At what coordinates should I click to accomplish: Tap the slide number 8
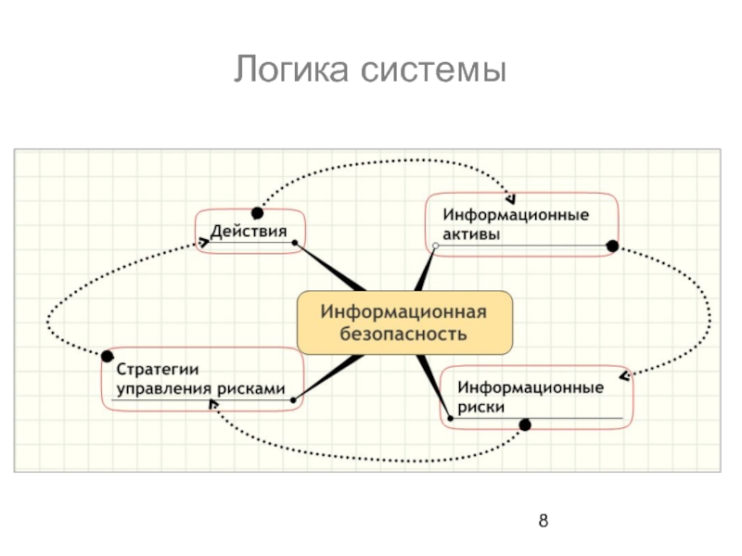pyautogui.click(x=544, y=520)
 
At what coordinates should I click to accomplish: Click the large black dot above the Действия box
pyautogui.click(x=258, y=212)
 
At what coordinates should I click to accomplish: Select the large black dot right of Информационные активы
pyautogui.click(x=611, y=246)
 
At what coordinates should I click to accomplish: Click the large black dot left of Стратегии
pyautogui.click(x=107, y=357)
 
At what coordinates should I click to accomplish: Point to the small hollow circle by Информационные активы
pyautogui.click(x=434, y=246)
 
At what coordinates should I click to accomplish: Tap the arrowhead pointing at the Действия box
pyautogui.click(x=203, y=242)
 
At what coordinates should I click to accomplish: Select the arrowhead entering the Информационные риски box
pyautogui.click(x=627, y=375)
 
